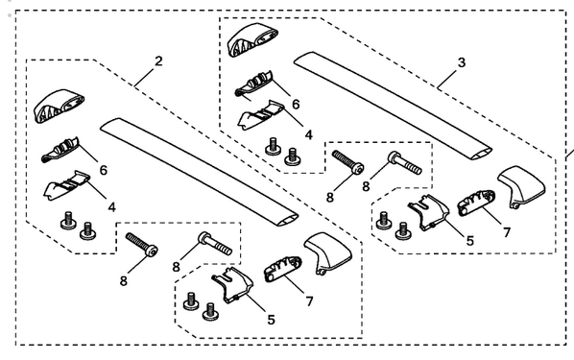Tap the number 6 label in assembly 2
[x=102, y=169]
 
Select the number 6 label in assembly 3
[x=296, y=103]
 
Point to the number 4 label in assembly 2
[x=113, y=205]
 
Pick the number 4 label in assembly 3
[x=307, y=137]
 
